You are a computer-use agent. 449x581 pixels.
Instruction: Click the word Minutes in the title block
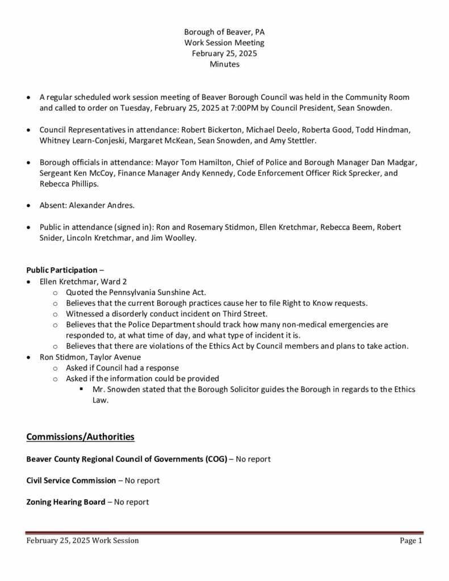coord(224,64)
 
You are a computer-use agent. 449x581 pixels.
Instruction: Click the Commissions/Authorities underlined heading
coord(80,437)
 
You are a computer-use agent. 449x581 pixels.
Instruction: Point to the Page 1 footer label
coord(411,541)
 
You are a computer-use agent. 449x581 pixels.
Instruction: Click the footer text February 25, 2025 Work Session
coord(82,541)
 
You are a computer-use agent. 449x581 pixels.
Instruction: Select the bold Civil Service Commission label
coord(71,481)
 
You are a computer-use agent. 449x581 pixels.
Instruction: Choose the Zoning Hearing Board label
coord(66,502)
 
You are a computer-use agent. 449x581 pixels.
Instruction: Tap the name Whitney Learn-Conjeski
coord(79,140)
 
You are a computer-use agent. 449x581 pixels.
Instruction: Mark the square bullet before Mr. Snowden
coord(82,389)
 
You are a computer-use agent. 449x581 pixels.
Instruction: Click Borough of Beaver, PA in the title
coord(224,32)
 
